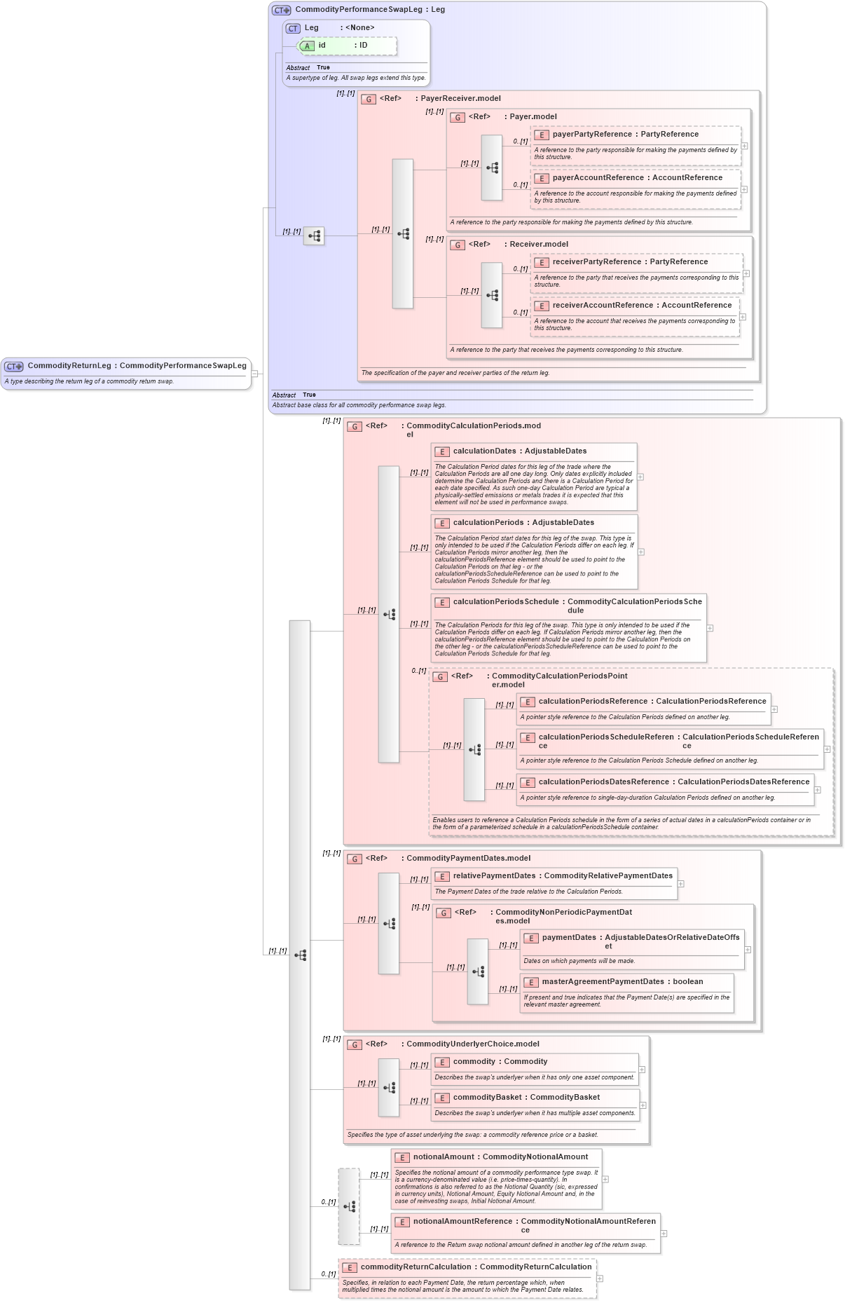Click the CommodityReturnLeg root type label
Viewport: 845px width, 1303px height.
click(69, 366)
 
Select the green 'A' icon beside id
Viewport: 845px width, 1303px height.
click(307, 46)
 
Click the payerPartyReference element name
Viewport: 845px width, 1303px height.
click(592, 135)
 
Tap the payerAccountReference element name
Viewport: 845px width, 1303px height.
click(598, 178)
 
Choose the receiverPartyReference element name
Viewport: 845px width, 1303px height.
click(596, 262)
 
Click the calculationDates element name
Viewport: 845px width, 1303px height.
click(484, 451)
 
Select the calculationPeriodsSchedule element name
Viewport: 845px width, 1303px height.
click(506, 602)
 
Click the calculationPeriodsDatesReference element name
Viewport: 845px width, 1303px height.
click(603, 782)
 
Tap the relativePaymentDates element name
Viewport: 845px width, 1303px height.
click(494, 876)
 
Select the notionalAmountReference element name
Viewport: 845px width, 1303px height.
click(462, 1222)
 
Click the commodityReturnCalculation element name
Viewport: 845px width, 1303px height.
click(415, 1267)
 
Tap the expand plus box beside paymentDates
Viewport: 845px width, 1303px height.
click(748, 950)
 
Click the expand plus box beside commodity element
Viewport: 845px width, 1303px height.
click(642, 1070)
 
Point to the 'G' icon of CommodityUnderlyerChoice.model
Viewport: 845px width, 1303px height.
click(355, 1045)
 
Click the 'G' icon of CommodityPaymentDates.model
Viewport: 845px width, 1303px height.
click(355, 859)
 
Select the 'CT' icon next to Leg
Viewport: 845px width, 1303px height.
click(293, 29)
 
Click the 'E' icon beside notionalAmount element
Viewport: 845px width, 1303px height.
click(402, 1158)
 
